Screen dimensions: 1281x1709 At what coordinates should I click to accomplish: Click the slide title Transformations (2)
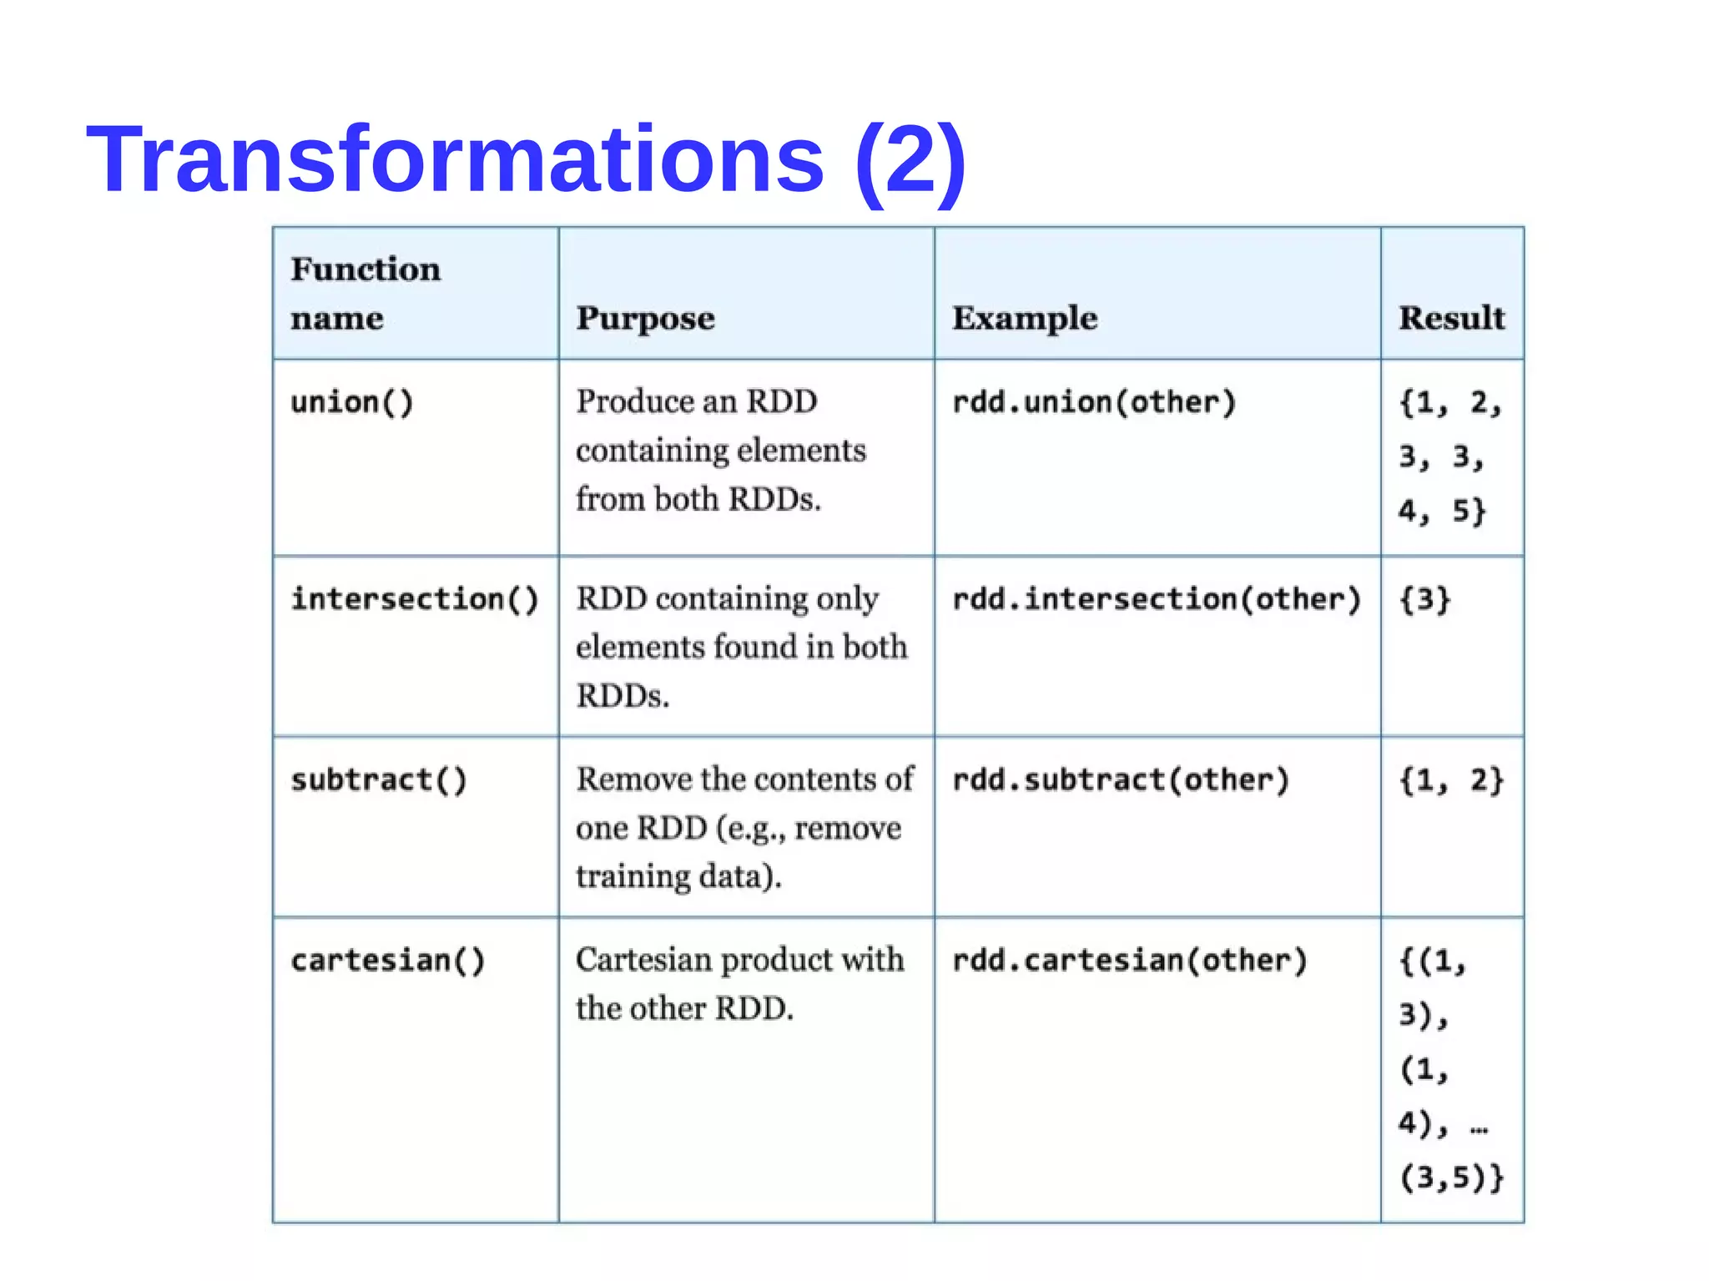tap(526, 159)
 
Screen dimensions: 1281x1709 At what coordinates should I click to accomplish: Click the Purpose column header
tap(645, 318)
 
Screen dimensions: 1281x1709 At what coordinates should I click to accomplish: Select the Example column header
tap(1025, 318)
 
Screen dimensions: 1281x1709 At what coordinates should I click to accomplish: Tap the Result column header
tap(1451, 318)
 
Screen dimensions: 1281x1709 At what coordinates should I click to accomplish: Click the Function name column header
tap(365, 293)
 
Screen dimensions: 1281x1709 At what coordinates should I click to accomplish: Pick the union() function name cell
tap(352, 402)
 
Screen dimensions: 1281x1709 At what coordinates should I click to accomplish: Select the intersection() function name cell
tap(415, 599)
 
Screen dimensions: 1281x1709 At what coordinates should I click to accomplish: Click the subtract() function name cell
tap(379, 779)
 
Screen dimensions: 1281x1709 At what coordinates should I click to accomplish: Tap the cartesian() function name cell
tap(388, 961)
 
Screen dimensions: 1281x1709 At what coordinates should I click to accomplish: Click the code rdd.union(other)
tap(1094, 402)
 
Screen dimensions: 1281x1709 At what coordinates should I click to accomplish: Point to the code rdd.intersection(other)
tap(1157, 599)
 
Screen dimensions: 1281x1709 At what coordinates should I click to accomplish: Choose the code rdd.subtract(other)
tap(1121, 779)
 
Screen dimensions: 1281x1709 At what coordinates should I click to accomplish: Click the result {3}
tap(1425, 599)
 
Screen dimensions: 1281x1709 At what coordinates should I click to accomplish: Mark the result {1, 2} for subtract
tap(1451, 780)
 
